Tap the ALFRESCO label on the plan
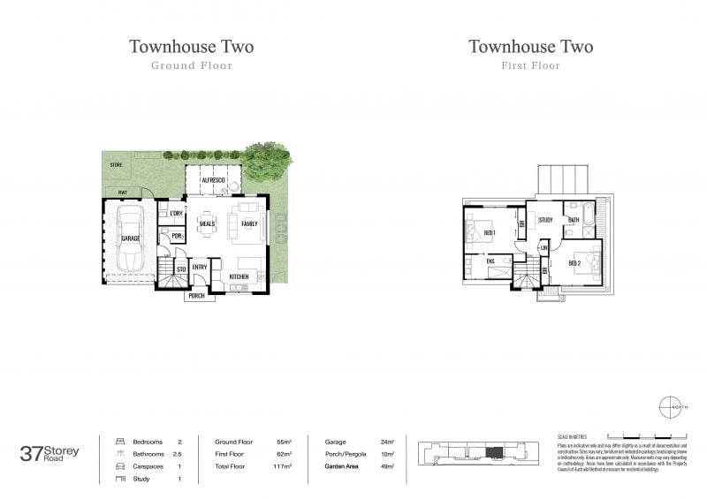tap(213, 180)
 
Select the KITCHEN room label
tap(239, 277)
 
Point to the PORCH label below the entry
tap(196, 296)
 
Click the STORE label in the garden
tap(115, 165)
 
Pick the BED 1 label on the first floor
tap(489, 232)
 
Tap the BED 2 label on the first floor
tap(574, 263)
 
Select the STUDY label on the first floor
tap(545, 220)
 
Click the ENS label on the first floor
tap(490, 261)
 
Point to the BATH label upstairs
tap(574, 220)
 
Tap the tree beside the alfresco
tap(267, 161)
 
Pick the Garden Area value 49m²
tap(387, 466)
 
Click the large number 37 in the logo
tap(32, 453)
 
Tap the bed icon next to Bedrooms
tap(121, 442)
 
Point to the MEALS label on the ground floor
tap(208, 224)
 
